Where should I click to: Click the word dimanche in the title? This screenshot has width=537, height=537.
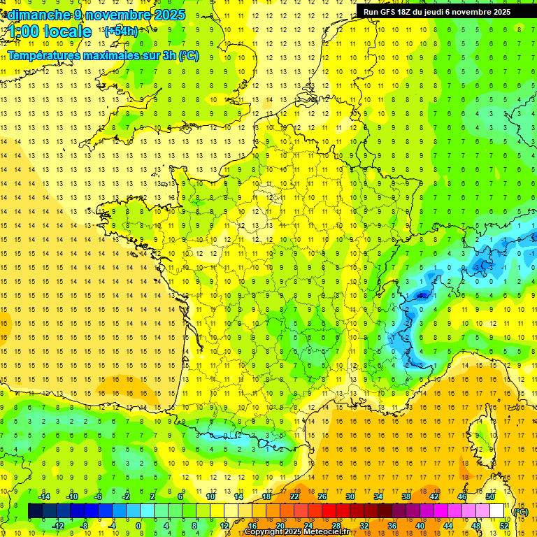(36, 15)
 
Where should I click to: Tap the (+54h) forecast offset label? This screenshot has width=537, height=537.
(121, 31)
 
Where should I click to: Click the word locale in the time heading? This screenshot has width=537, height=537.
(67, 31)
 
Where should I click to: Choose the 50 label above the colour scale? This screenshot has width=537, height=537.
(490, 496)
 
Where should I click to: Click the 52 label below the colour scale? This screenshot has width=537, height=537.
(504, 525)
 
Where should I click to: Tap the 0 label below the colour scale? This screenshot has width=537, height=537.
(139, 525)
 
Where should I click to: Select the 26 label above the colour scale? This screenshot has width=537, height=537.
(323, 496)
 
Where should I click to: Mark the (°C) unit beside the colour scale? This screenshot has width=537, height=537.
(520, 512)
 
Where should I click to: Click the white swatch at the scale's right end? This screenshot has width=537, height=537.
(497, 511)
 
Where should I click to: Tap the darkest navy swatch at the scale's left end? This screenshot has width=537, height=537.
(35, 511)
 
